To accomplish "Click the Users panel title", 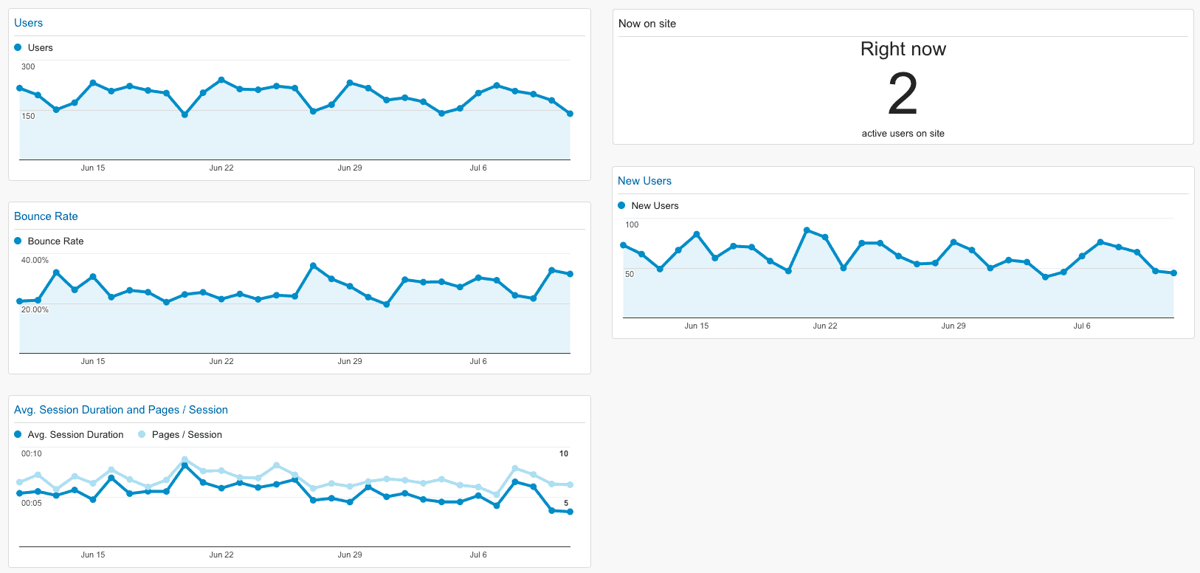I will (x=28, y=23).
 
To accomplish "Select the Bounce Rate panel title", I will (x=46, y=216).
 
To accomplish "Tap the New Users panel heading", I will (x=644, y=181).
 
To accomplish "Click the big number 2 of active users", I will (x=903, y=95).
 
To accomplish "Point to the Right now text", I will (x=903, y=49).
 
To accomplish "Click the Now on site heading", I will (x=646, y=24).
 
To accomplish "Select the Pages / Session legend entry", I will (x=186, y=435).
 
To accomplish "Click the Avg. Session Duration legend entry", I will (x=75, y=435).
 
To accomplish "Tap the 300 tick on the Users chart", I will (x=28, y=66).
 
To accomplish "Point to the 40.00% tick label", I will (x=35, y=260).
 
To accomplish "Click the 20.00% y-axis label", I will (x=35, y=309).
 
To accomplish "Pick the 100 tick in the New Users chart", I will (x=632, y=224).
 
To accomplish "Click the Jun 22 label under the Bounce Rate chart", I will (x=221, y=361).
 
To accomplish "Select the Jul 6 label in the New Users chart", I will (x=1081, y=326).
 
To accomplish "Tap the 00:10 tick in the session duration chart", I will (x=31, y=453).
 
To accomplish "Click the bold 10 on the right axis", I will (x=563, y=453).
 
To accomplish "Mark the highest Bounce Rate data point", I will (x=313, y=266).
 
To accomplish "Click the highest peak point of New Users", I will (x=807, y=230).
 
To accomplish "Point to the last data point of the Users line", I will (x=570, y=114).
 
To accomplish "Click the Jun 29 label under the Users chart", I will (x=349, y=168).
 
